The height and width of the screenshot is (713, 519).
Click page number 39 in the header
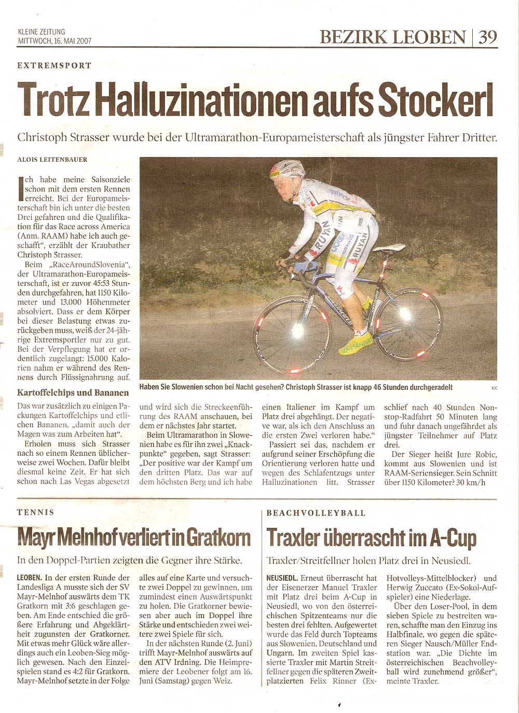click(x=487, y=37)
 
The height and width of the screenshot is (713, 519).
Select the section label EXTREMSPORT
click(x=54, y=65)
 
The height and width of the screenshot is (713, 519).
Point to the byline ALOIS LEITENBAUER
click(x=52, y=160)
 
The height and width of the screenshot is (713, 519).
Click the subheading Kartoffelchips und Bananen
click(x=73, y=393)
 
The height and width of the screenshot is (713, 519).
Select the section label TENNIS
click(x=35, y=512)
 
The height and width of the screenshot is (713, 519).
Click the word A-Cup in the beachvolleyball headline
click(x=453, y=537)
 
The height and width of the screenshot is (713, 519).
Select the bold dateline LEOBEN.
click(x=30, y=578)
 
